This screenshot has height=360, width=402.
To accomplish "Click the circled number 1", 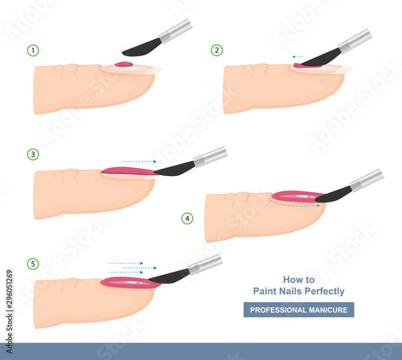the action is [33, 51].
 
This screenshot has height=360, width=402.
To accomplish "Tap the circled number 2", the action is [216, 50].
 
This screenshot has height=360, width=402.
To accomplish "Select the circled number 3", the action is [33, 154].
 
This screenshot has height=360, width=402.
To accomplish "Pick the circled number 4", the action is [187, 219].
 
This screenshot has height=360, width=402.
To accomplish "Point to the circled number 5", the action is [33, 264].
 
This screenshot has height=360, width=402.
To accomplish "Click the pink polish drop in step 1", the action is [124, 64].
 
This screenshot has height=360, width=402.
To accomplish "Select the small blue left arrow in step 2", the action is [297, 57].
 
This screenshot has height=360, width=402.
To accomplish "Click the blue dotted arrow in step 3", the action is [139, 162].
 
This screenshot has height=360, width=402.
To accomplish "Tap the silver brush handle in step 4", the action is [367, 180].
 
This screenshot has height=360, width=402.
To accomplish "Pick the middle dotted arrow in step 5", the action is [139, 268].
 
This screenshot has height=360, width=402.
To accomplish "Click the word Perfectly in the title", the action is [325, 292].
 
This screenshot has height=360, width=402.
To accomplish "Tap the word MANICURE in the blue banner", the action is [328, 310].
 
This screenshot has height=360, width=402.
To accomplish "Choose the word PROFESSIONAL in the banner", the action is [278, 310].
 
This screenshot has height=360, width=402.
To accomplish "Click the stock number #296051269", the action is [9, 289].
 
